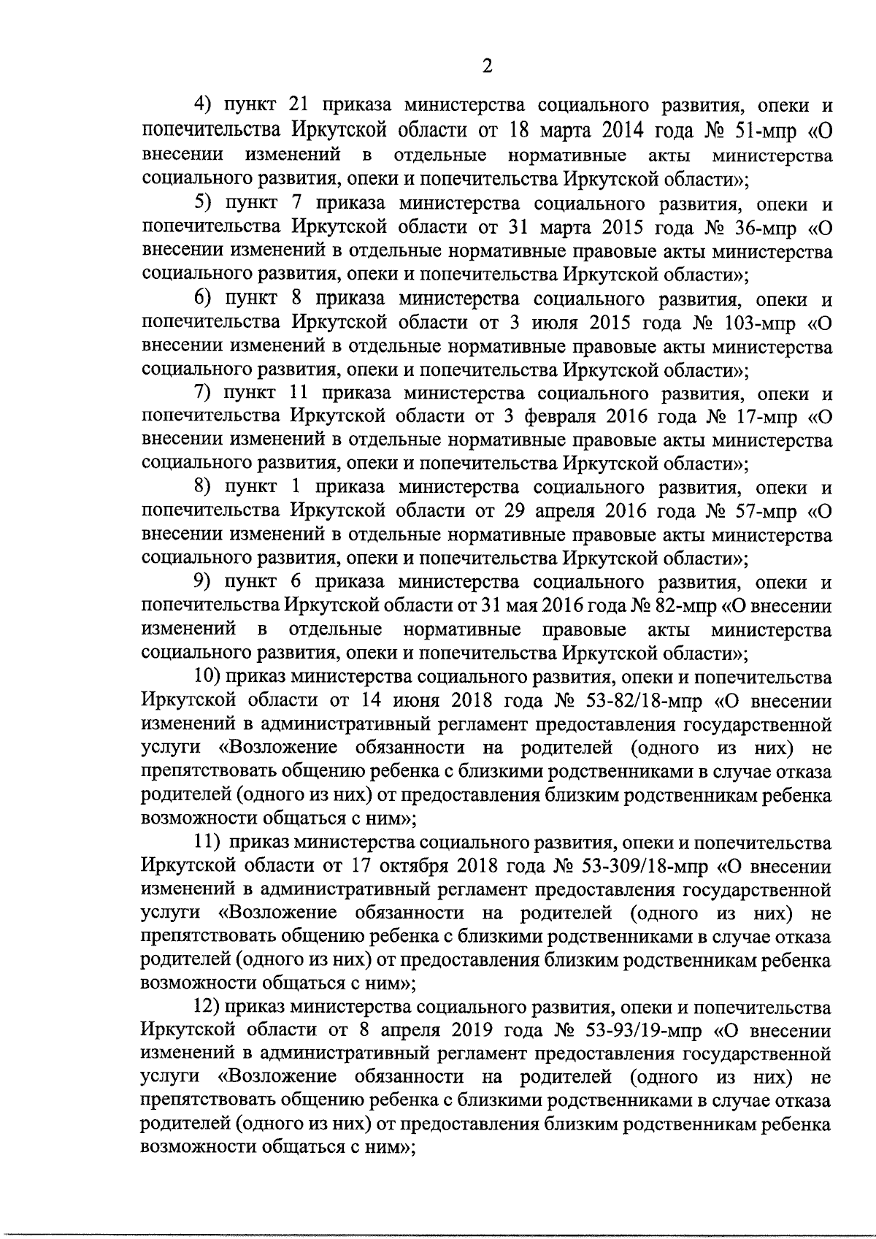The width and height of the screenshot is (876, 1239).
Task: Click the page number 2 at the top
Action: point(488,66)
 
